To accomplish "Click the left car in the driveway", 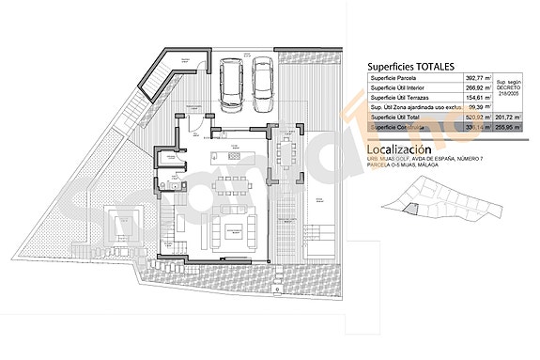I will (x=228, y=81).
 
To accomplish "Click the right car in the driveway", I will (x=261, y=81).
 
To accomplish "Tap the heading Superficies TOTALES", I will (x=410, y=67).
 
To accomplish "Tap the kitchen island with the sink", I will (x=230, y=157).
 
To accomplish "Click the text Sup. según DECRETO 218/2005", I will (x=506, y=90).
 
